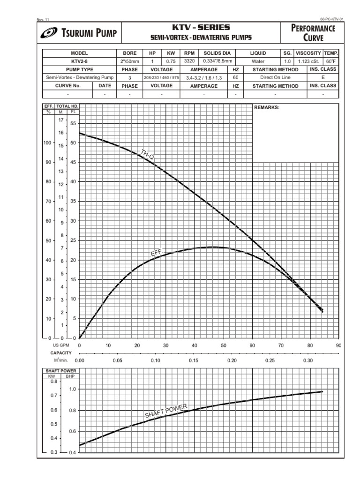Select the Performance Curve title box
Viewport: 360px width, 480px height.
click(x=314, y=33)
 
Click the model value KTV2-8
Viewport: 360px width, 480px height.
click(x=79, y=61)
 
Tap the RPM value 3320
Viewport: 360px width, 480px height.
click(x=189, y=61)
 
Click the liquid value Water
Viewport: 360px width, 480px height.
click(x=258, y=61)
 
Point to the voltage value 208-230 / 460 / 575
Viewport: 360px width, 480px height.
click(x=161, y=77)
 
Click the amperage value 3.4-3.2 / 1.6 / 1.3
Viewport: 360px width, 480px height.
click(x=204, y=78)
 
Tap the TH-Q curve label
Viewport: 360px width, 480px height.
click(x=147, y=154)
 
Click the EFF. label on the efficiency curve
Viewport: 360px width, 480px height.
click(x=156, y=253)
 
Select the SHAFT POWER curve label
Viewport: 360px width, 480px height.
click(x=166, y=411)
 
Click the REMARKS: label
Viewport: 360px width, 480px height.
click(x=266, y=107)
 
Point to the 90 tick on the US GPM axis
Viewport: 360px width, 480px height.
click(x=338, y=345)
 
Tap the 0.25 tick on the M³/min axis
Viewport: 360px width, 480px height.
click(x=270, y=360)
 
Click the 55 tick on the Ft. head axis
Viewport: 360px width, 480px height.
click(x=73, y=123)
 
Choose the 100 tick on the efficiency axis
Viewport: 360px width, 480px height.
click(x=47, y=143)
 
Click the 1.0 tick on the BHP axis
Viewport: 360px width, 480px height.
click(x=72, y=389)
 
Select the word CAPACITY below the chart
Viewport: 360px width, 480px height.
click(x=61, y=352)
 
